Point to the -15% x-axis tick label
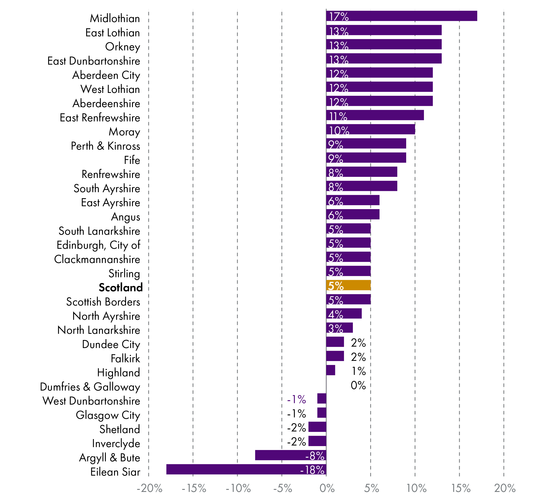194,488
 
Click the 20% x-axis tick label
505,488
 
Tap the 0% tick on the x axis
327,488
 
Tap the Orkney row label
123,47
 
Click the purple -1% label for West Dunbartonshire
296,399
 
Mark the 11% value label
338,116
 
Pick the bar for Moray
370,129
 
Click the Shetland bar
317,427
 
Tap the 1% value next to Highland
358,371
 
